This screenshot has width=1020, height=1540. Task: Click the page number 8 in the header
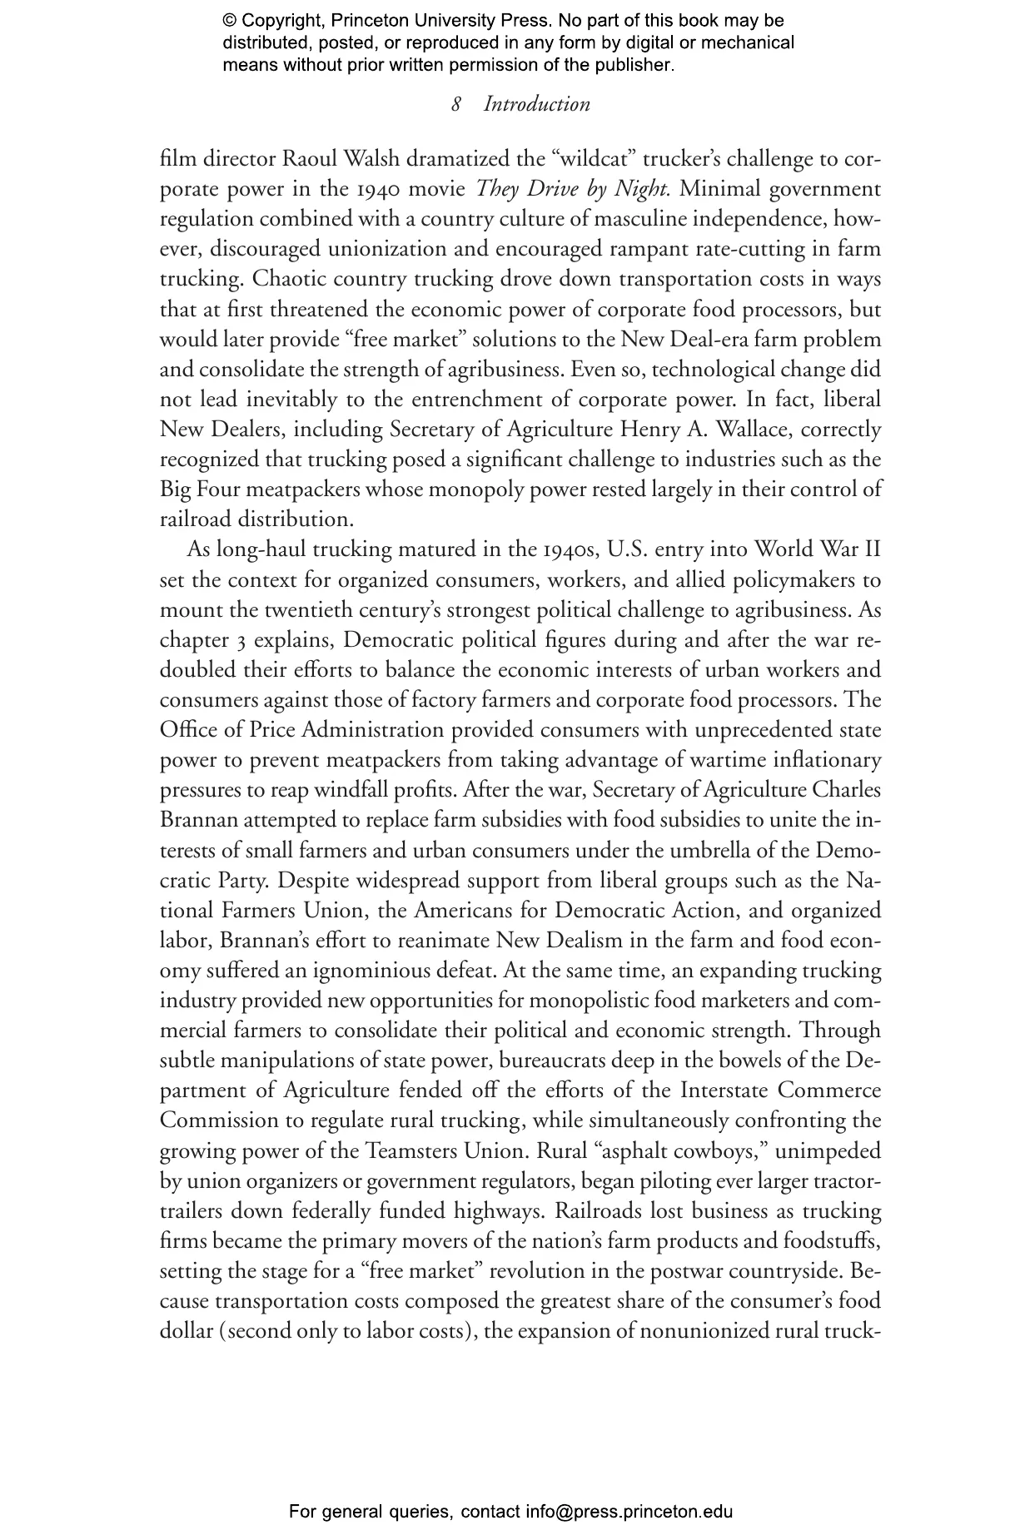tap(456, 105)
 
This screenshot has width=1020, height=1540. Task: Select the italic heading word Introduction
tap(537, 105)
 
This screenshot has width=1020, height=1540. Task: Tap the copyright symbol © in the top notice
tap(230, 21)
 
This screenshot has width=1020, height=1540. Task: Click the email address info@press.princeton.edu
tap(629, 1512)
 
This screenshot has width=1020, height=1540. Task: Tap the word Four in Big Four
tap(217, 489)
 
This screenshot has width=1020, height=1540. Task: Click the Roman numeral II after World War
tap(869, 549)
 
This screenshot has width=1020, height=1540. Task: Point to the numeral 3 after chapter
tap(238, 640)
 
